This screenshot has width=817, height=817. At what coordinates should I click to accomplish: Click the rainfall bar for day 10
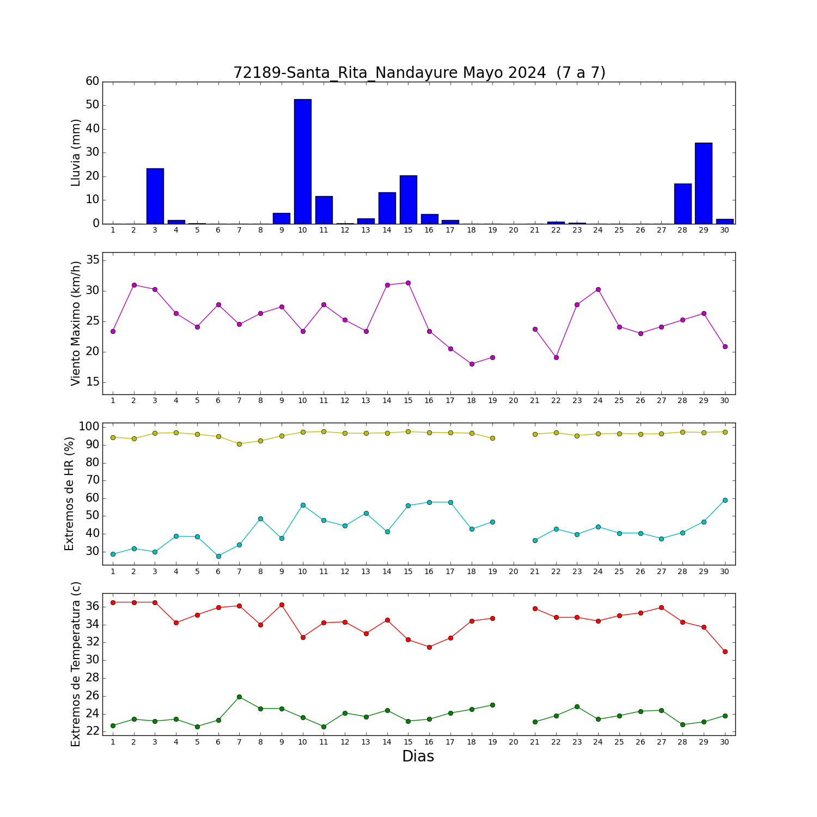click(303, 161)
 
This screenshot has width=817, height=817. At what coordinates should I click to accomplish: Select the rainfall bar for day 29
click(704, 183)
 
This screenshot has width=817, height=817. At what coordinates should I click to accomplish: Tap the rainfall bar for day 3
click(155, 196)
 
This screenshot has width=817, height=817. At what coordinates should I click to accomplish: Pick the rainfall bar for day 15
click(408, 199)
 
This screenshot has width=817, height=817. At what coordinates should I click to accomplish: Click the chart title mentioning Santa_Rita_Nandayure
click(419, 72)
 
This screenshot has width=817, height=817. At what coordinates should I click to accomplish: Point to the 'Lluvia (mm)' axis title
click(76, 153)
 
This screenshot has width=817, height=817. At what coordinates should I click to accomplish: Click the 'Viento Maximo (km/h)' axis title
click(76, 324)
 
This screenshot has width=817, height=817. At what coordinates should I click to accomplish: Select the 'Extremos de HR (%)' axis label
click(69, 493)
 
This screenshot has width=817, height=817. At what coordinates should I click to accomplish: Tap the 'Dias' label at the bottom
click(418, 756)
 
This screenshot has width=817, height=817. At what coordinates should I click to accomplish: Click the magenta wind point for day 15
click(408, 283)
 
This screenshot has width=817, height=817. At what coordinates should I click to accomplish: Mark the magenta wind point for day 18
click(472, 364)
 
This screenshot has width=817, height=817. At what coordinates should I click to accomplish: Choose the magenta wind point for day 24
click(598, 289)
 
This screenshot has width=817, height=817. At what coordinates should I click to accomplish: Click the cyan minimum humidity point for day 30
click(725, 500)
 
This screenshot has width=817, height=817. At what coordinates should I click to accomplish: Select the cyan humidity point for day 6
click(218, 556)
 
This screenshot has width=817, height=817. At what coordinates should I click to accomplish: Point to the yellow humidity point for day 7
click(239, 444)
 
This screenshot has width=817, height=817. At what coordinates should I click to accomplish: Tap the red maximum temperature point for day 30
click(725, 651)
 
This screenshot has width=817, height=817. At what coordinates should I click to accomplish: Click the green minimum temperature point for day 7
click(239, 697)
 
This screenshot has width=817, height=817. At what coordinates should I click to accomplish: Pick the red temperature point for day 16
click(429, 647)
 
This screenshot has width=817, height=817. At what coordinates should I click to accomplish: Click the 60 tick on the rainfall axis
click(93, 81)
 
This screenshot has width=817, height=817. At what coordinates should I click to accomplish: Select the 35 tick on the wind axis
click(93, 260)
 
